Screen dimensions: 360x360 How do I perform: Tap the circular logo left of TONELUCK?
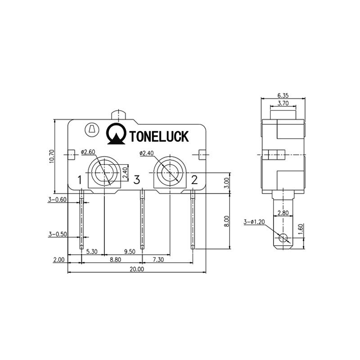(x=115, y=134)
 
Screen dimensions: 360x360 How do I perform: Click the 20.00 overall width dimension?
(x=136, y=269)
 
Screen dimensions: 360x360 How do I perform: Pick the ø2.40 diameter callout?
(x=147, y=153)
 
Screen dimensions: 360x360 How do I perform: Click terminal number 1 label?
(x=80, y=180)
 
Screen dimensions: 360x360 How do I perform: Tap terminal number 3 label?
(x=137, y=180)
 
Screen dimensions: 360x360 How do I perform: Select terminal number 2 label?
(x=194, y=180)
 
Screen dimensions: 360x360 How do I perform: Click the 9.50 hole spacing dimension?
(x=129, y=252)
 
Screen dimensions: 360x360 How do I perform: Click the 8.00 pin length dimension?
(x=227, y=221)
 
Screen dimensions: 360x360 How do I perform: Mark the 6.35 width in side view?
(x=283, y=95)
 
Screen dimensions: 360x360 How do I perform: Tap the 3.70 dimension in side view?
(x=283, y=103)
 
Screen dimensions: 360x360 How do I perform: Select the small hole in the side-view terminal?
(x=283, y=238)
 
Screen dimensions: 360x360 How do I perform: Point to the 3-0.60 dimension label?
(x=57, y=199)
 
